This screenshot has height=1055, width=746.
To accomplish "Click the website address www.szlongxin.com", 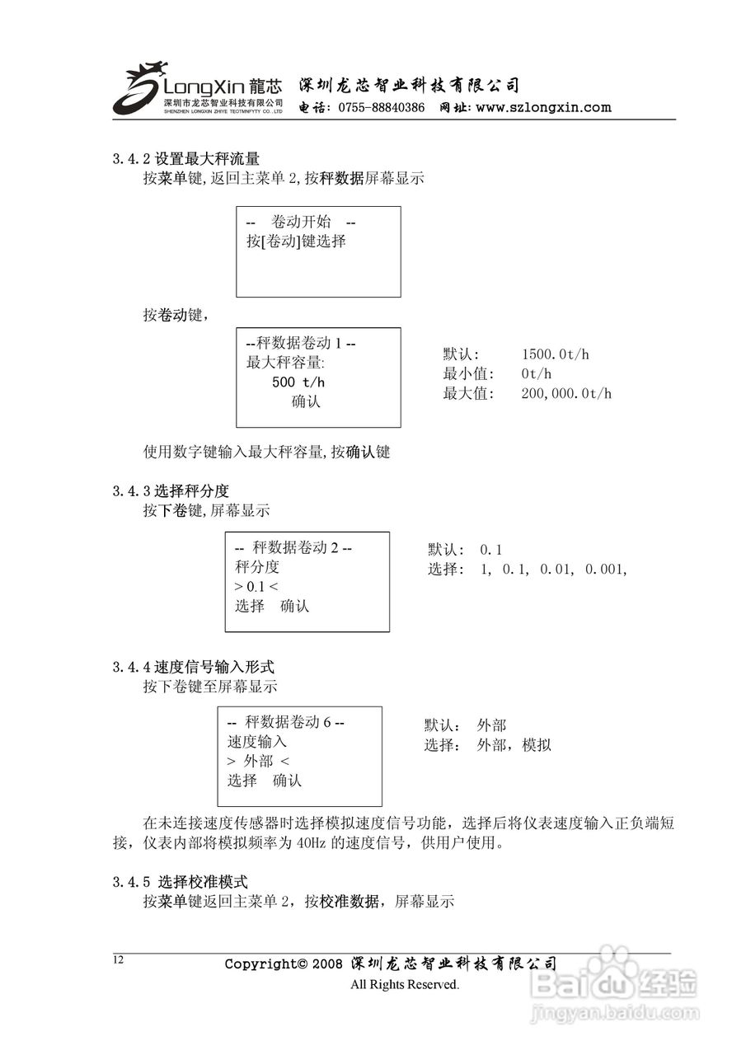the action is (x=543, y=107).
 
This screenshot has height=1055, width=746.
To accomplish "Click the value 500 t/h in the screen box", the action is (x=298, y=382).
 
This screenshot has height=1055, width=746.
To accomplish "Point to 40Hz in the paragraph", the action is (x=312, y=843).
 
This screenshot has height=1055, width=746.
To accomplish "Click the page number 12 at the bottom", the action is (x=118, y=959).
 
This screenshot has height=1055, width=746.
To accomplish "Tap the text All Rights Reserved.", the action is (x=404, y=984).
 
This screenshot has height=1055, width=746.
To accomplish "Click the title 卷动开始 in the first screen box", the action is (x=301, y=223).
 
